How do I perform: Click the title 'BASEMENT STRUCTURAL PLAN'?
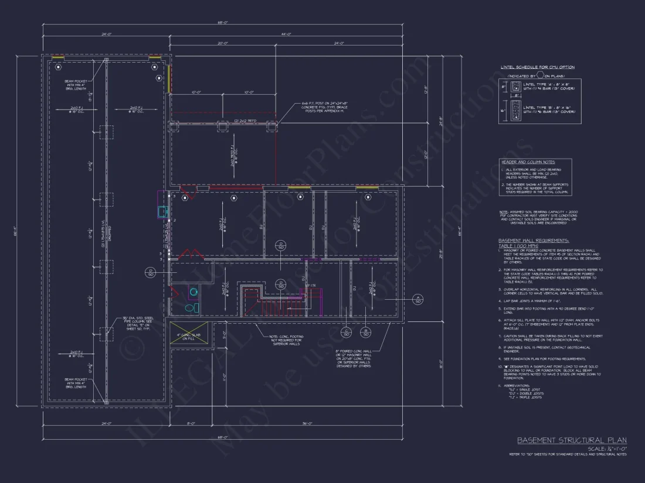[x=571, y=440]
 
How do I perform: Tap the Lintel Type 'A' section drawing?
[x=515, y=88]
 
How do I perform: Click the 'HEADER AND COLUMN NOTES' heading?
[x=528, y=162]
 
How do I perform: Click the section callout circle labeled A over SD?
[x=417, y=300]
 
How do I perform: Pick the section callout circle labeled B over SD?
[x=365, y=333]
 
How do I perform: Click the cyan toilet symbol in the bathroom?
[x=189, y=307]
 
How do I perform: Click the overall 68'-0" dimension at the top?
[x=223, y=23]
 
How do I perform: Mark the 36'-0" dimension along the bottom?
[x=307, y=423]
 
